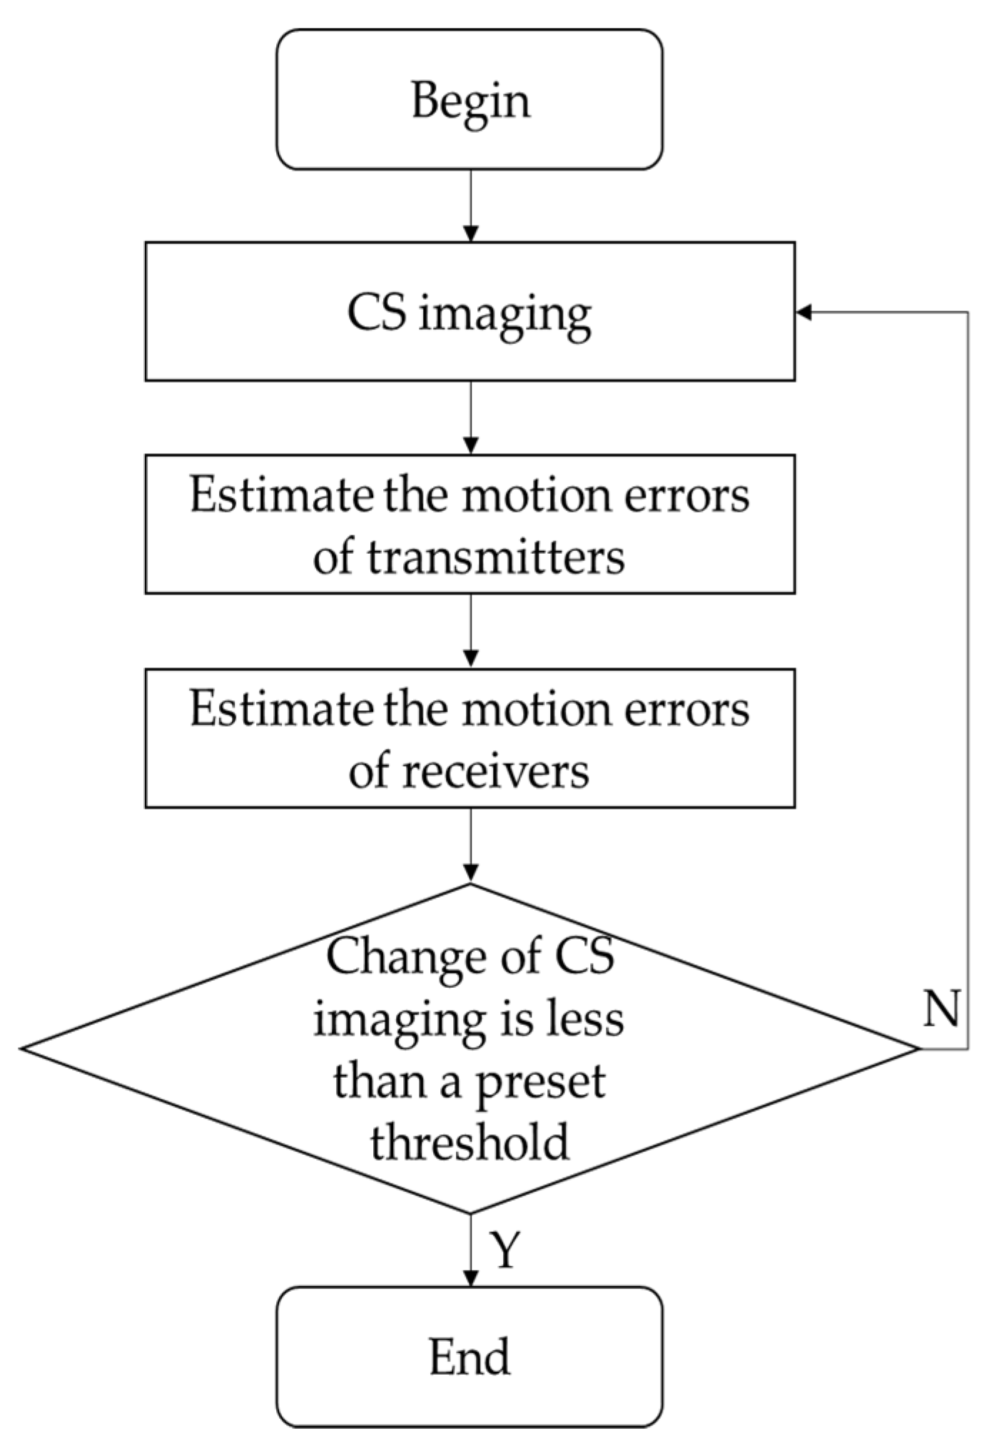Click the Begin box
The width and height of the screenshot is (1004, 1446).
coord(470,100)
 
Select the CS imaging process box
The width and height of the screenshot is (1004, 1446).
coord(470,311)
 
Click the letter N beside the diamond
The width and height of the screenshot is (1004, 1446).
coord(940,1008)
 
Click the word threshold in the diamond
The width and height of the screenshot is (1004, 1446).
coord(470,1142)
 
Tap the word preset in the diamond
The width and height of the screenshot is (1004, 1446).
coord(539,1081)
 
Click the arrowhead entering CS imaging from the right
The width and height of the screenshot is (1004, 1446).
coord(803,312)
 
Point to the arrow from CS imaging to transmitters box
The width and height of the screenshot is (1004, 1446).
coord(470,418)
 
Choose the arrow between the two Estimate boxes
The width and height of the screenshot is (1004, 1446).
coord(470,631)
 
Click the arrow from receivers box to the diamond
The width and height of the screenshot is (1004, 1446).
coord(470,846)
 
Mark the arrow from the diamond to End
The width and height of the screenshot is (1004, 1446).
coord(470,1249)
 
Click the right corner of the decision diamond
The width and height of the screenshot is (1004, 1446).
coord(917,1048)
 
